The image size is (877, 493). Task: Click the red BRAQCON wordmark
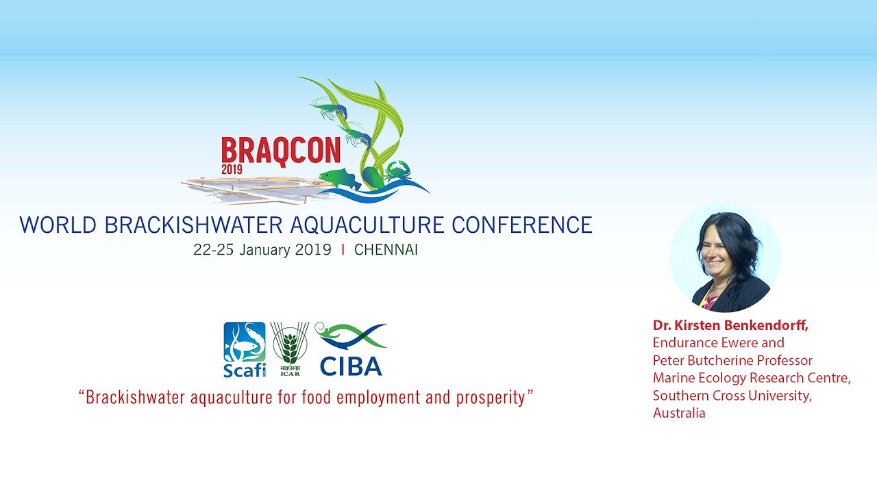(281, 151)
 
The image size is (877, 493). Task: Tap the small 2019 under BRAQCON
(232, 169)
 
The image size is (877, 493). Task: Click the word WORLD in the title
(58, 225)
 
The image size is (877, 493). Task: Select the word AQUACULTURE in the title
(367, 225)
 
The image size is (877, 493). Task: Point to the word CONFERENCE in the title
(522, 225)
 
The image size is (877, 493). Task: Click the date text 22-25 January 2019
(262, 250)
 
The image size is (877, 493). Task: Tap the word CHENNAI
(386, 250)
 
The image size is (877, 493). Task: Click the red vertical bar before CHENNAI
(343, 250)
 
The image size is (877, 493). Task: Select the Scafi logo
(245, 349)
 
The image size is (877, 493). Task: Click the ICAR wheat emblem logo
(290, 349)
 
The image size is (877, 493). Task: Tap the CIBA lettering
(351, 366)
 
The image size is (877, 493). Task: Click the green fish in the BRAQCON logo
(339, 179)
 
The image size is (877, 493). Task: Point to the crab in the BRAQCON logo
(398, 172)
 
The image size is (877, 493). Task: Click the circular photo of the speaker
(726, 257)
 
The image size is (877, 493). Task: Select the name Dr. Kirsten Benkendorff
(730, 325)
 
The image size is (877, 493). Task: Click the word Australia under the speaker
(679, 413)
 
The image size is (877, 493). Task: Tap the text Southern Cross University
(732, 396)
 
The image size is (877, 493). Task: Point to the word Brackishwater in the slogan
(135, 398)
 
